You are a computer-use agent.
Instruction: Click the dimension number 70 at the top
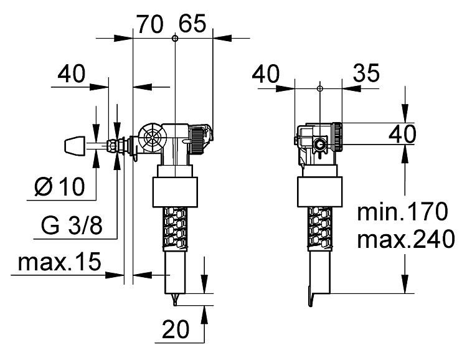[x=150, y=24]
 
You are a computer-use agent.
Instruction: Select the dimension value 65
[x=192, y=24]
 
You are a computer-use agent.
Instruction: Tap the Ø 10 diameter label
[x=60, y=187]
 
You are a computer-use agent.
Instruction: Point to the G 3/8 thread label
[x=72, y=225]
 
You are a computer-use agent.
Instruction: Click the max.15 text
[x=60, y=262]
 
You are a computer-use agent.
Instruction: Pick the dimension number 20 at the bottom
[x=176, y=329]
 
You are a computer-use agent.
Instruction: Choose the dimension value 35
[x=366, y=73]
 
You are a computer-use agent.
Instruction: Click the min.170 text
[x=402, y=212]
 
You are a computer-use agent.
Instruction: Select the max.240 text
[x=406, y=239]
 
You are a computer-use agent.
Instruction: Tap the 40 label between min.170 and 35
[x=402, y=134]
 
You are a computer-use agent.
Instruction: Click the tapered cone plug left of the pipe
[x=75, y=146]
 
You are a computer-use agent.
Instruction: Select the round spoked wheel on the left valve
[x=153, y=138]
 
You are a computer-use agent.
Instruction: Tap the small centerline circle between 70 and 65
[x=175, y=38]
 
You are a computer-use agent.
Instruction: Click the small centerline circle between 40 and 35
[x=320, y=88]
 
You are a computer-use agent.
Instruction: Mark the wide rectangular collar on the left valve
[x=175, y=192]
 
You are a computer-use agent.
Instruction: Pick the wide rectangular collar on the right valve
[x=319, y=192]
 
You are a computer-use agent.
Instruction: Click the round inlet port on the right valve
[x=320, y=145]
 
